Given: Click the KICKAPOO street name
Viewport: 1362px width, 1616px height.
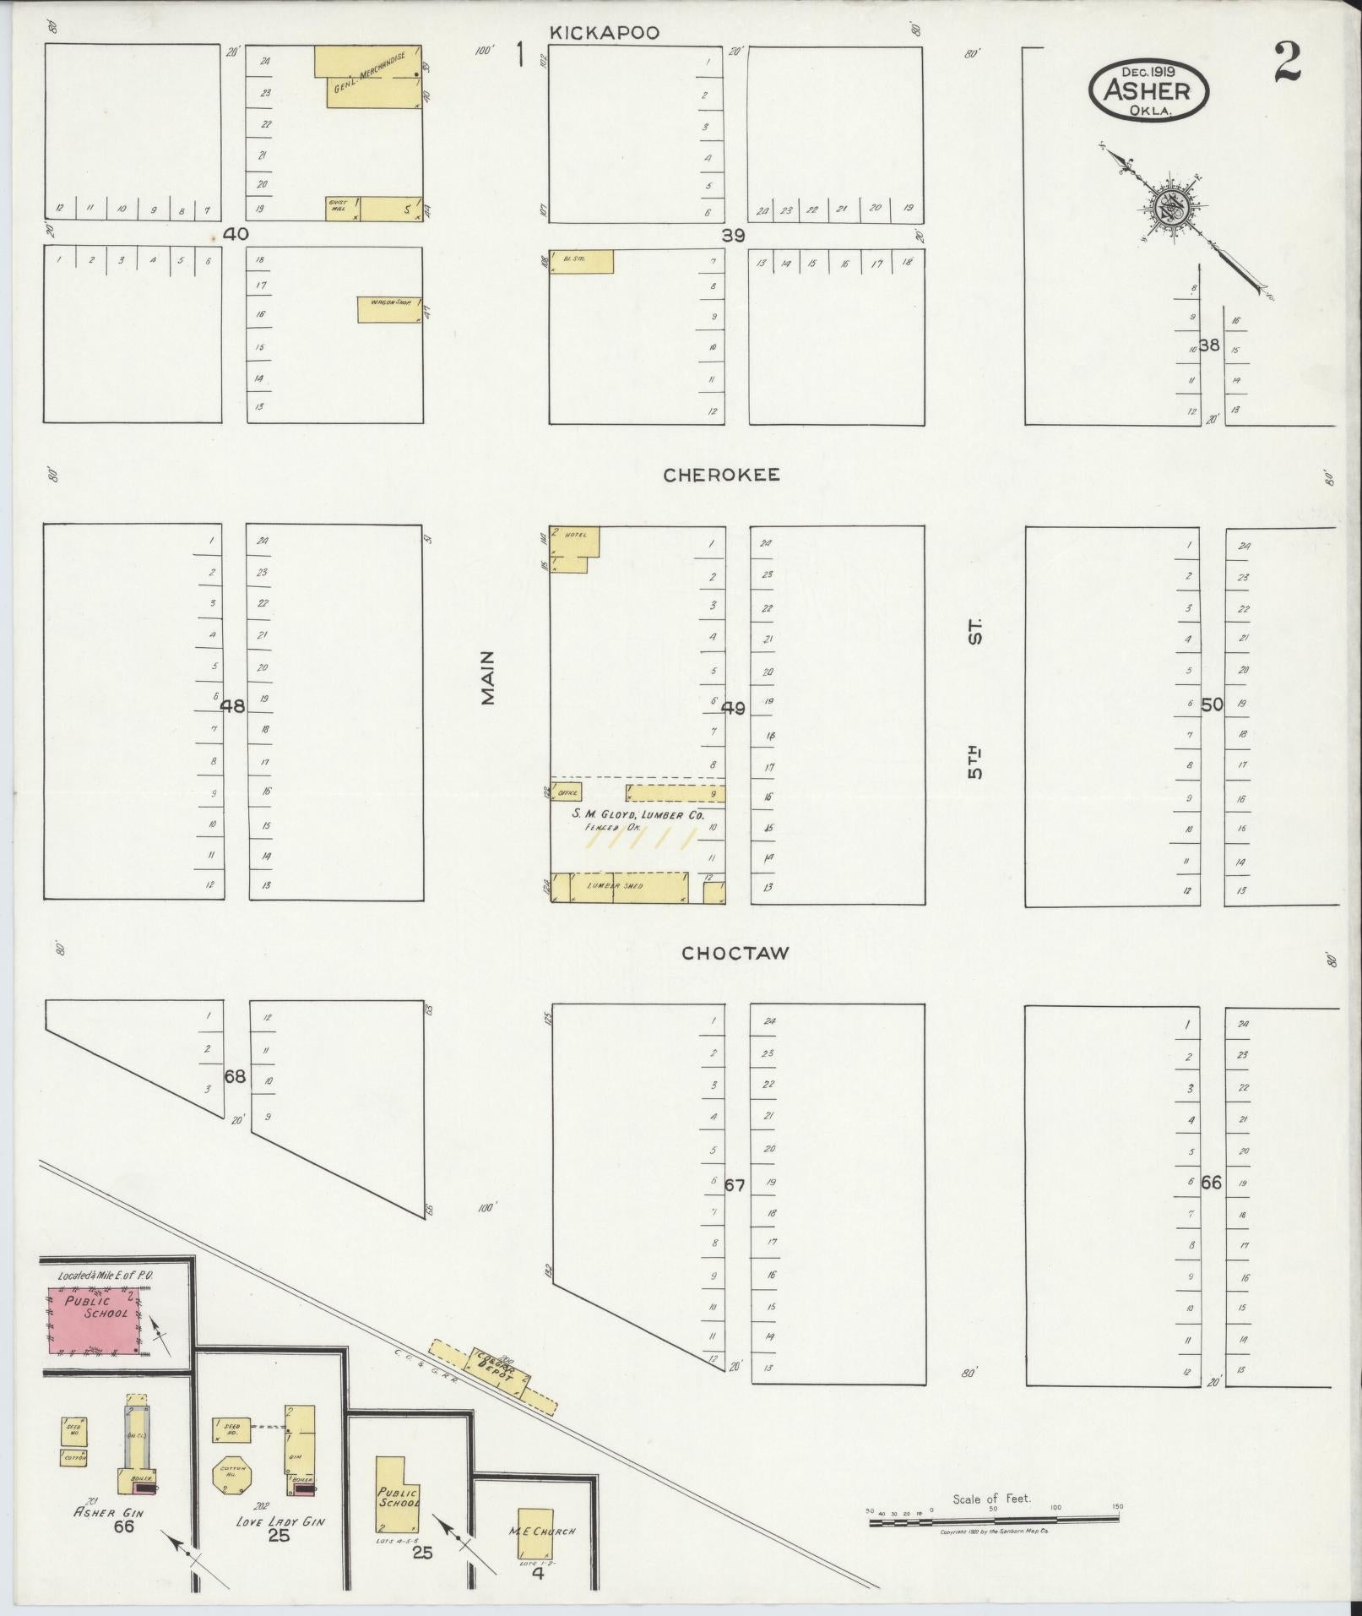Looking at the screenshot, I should point(604,33).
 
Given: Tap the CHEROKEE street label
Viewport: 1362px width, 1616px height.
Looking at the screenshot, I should point(721,475).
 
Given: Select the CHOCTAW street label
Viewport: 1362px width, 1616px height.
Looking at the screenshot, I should point(735,953).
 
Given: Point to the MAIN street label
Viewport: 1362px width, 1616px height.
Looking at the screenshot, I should point(488,677).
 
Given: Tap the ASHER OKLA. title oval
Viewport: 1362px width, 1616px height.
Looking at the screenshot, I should point(1148,90).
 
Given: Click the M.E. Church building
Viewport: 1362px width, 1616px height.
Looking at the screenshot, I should point(535,1532).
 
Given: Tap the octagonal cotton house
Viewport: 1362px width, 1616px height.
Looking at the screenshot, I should point(232,1475).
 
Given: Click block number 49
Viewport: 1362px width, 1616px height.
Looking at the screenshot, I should point(733,708).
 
